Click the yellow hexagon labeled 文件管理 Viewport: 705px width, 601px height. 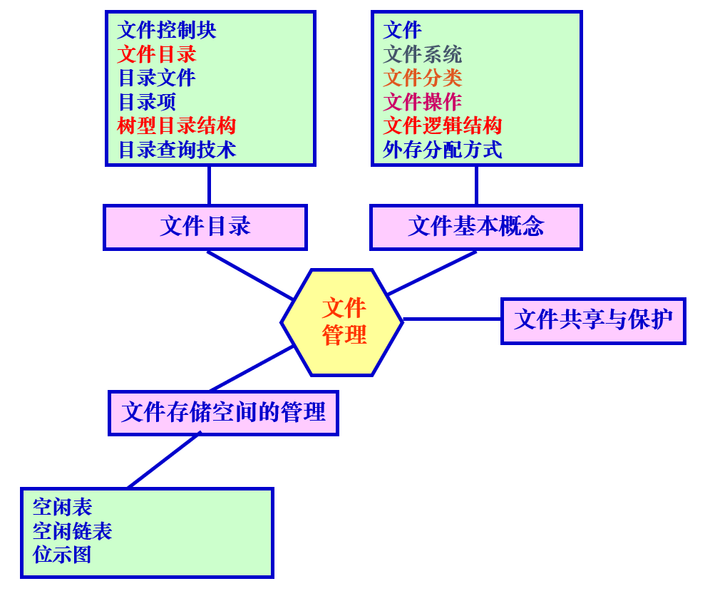coord(342,322)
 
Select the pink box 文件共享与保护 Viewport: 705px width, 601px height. coord(593,320)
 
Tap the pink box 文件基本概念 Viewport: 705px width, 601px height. coord(475,227)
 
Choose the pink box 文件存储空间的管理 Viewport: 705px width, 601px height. coord(223,412)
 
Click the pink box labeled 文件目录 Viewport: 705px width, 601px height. coord(205,227)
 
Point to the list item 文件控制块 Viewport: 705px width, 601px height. coord(167,30)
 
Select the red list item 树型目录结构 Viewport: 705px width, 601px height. coord(177,125)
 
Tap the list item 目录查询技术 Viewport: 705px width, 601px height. coord(177,150)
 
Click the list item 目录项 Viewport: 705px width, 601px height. coord(147,102)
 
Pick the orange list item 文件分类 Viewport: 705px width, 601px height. coord(423,78)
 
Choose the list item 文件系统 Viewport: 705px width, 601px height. coord(423,54)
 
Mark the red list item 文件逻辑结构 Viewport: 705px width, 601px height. coord(443,125)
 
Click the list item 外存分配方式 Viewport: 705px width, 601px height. coord(443,150)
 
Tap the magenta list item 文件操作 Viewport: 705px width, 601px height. coord(423,102)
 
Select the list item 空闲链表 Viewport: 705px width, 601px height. coord(72,530)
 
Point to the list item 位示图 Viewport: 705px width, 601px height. coord(62,554)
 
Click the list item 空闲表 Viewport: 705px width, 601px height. coord(62,507)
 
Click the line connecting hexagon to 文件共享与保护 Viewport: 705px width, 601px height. coord(452,319)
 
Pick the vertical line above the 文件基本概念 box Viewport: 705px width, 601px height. coord(476,185)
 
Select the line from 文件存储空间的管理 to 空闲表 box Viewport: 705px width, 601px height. coord(164,461)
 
